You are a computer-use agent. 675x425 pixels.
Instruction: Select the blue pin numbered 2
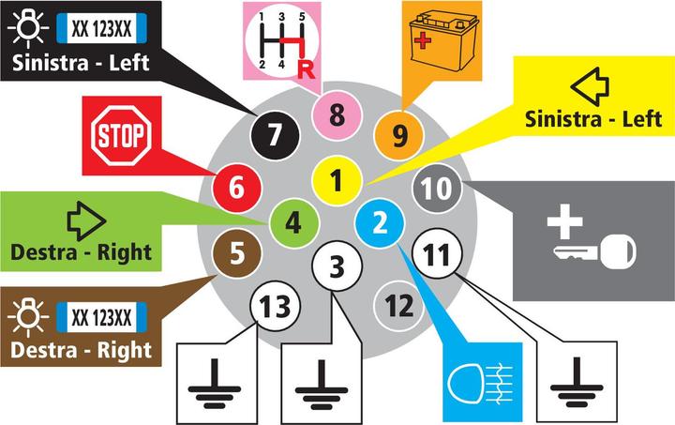[x=380, y=222]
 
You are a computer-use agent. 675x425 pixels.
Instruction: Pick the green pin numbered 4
[x=292, y=223]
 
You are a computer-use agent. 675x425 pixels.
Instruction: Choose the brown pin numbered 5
[x=236, y=253]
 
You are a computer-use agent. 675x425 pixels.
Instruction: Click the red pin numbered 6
[x=236, y=187]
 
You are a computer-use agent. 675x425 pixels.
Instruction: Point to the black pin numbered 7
[x=274, y=134]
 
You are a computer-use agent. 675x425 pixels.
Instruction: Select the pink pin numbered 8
[x=337, y=116]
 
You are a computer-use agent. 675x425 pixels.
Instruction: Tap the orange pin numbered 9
[x=398, y=136]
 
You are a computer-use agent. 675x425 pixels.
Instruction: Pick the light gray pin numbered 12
[x=398, y=305]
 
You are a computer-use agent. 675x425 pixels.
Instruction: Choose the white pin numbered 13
[x=274, y=305]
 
